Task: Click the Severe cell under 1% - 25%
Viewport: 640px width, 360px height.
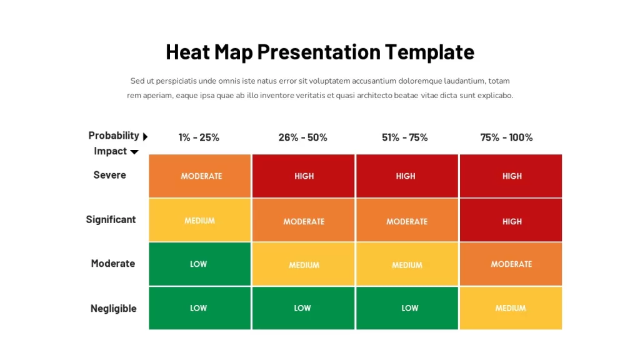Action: tap(199, 176)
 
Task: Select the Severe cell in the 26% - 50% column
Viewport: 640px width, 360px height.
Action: tap(303, 176)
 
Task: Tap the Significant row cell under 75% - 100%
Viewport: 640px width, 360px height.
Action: tap(511, 220)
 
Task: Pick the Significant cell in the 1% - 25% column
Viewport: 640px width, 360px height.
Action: tap(199, 220)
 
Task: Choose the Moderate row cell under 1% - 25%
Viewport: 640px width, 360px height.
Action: tap(199, 264)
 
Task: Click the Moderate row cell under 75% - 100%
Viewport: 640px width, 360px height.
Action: tap(511, 264)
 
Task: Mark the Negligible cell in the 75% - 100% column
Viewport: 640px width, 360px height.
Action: tap(511, 308)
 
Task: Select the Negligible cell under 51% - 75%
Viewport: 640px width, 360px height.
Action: tap(407, 308)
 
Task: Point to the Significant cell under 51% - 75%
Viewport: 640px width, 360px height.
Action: tap(407, 220)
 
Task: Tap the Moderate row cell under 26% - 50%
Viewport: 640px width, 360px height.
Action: tap(303, 264)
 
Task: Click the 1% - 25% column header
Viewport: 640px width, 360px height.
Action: tap(199, 137)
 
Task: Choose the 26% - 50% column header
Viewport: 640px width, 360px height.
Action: tap(303, 137)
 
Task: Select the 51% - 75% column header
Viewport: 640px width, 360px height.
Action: tap(405, 137)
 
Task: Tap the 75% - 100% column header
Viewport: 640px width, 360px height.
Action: tap(506, 137)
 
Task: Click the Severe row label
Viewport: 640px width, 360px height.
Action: tap(110, 175)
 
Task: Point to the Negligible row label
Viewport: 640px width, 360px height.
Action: tap(114, 309)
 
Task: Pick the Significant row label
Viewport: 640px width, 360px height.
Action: tap(111, 219)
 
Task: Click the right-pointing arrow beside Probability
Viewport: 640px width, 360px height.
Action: tap(145, 136)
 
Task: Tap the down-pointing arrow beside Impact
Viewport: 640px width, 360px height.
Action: tap(134, 152)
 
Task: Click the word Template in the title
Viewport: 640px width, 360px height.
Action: tap(429, 52)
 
